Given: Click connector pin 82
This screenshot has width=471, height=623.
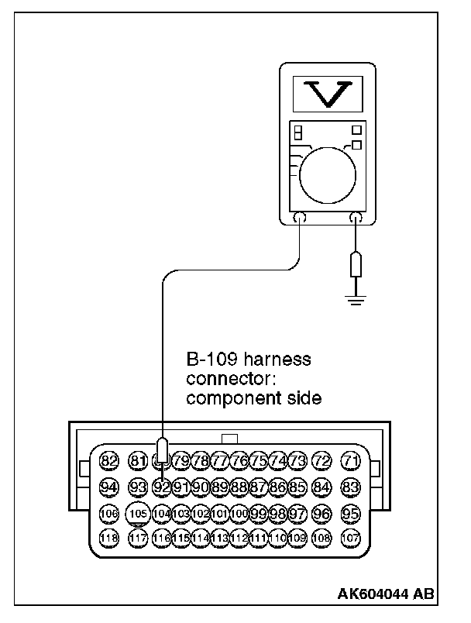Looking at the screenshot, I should click(108, 462).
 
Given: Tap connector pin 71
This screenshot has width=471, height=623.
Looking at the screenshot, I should click(352, 462).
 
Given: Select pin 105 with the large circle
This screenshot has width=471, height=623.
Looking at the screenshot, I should click(139, 514).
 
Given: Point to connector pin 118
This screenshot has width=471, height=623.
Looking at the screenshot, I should click(108, 538).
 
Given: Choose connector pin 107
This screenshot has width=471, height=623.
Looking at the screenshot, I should click(352, 538).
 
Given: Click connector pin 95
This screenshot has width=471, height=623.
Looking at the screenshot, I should click(352, 513).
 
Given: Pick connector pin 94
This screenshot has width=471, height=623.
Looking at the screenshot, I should click(108, 487).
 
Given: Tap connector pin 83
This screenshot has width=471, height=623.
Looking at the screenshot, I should click(352, 487).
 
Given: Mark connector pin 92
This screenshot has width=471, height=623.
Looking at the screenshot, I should click(162, 487).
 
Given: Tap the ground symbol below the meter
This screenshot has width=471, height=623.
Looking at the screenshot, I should click(356, 298).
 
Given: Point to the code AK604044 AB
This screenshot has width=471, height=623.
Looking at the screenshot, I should click(385, 595).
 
